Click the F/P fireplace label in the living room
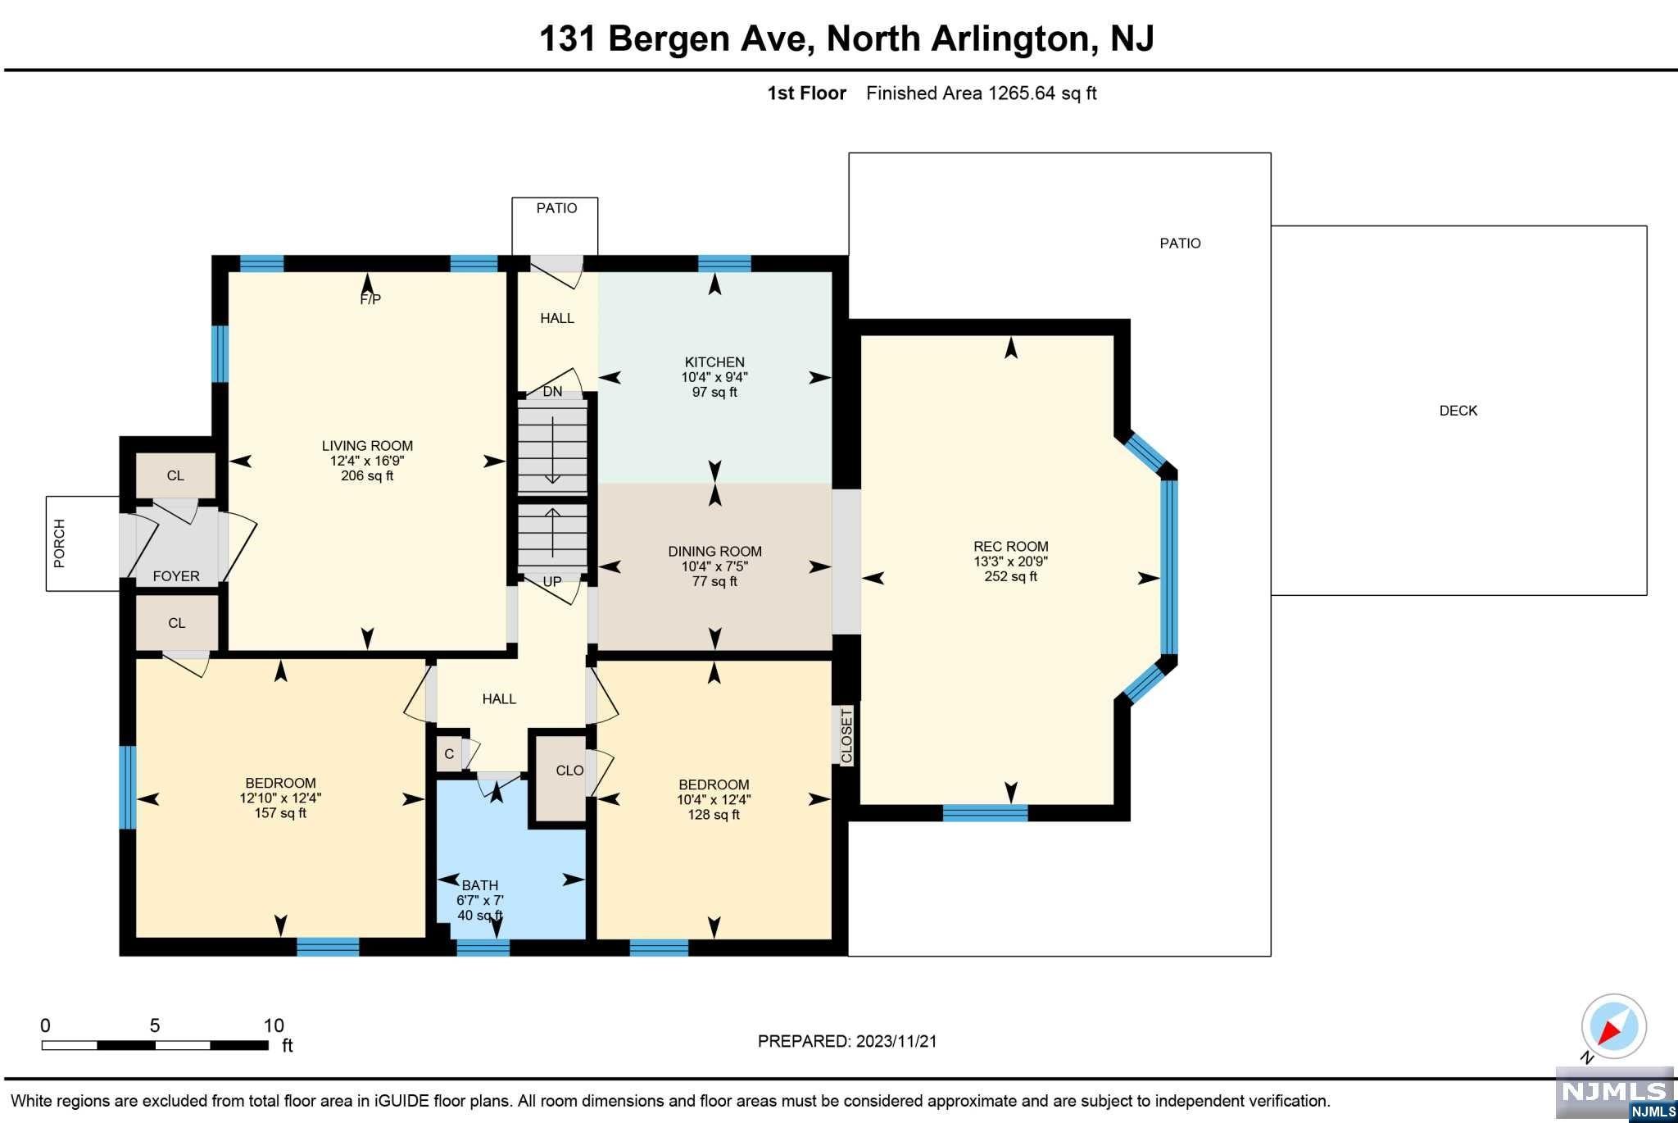tap(370, 299)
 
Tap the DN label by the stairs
tap(553, 392)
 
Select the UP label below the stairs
tap(552, 582)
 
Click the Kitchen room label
tap(714, 362)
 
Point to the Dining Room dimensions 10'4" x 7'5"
tap(714, 566)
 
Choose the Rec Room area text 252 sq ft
tap(1011, 576)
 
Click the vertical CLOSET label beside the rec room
tap(846, 735)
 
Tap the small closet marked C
tap(449, 754)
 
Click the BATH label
tap(480, 885)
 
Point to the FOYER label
tap(176, 576)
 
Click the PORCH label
tap(59, 543)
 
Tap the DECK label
tap(1458, 411)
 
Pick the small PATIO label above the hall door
tap(556, 208)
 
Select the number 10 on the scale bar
tap(274, 1025)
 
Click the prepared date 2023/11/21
tap(896, 1041)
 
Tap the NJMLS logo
tap(1615, 1093)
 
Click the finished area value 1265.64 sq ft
tap(1042, 93)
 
